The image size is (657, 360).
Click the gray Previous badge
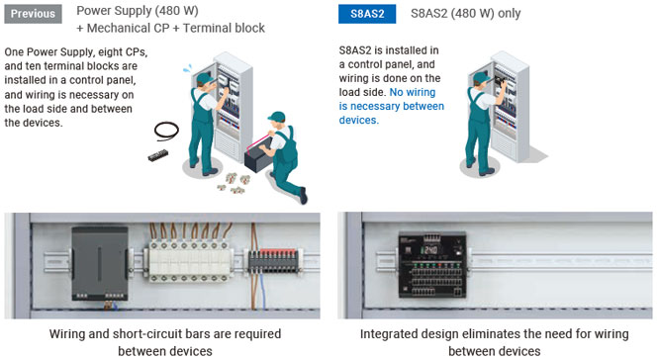pos(33,14)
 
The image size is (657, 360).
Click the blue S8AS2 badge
pos(367,14)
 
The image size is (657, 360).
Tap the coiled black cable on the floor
pos(166,131)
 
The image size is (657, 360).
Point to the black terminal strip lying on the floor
pos(158,155)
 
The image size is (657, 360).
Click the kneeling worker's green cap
pos(276,117)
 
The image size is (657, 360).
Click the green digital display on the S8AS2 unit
pos(429,250)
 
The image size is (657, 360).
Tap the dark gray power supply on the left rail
pos(100,263)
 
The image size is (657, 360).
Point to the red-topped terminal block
pos(273,261)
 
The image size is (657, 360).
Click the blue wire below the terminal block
pos(263,291)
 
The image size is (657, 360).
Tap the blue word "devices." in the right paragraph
pos(359,120)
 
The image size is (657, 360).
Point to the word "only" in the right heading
pos(510,14)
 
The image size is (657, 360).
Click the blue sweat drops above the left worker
pos(188,68)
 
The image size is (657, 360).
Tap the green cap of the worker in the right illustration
pos(481,76)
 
